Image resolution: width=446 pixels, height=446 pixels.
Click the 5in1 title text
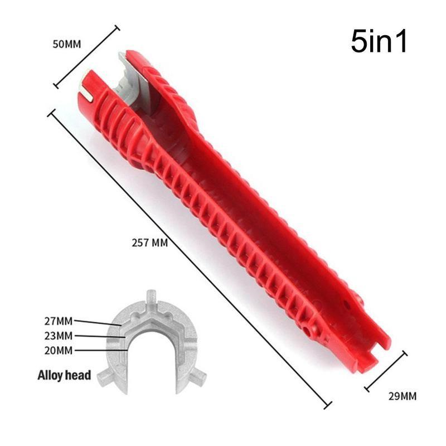tap(379, 42)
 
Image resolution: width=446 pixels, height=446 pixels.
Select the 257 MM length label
tap(151, 244)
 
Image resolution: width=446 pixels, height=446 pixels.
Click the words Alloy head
tap(64, 375)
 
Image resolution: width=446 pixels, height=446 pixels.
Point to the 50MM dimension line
tap(86, 56)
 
